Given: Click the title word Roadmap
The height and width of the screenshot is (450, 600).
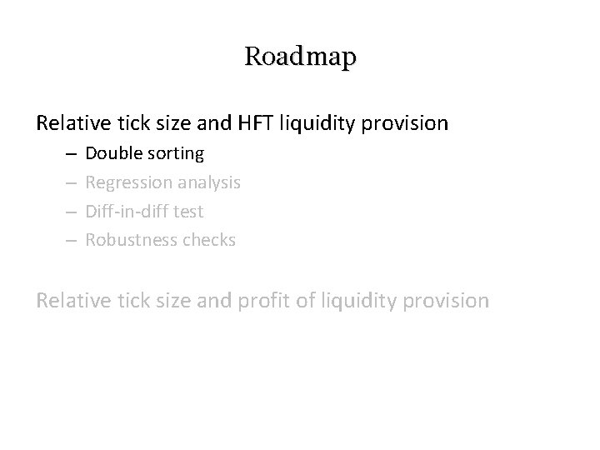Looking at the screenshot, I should click(300, 57).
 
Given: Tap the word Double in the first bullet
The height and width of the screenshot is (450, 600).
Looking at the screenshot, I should click(113, 153).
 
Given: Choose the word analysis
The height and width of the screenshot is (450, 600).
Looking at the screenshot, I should click(207, 182).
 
